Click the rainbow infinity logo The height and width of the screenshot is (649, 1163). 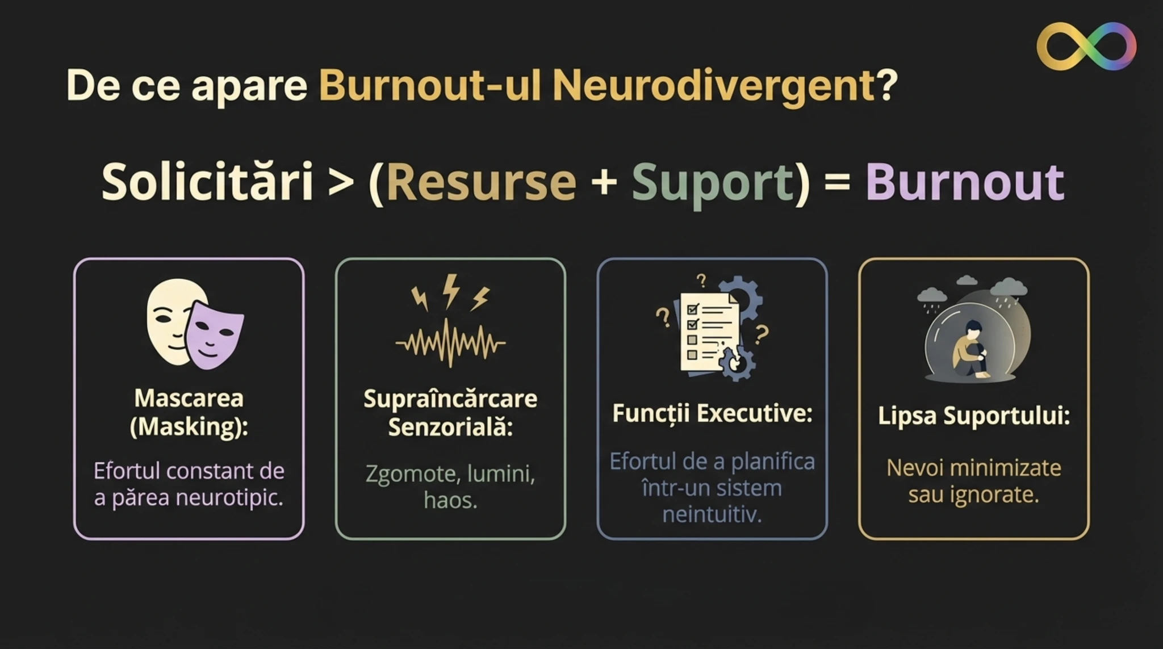coord(1086,46)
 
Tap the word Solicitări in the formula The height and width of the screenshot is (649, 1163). coord(207,182)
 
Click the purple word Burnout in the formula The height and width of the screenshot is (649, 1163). coord(965,182)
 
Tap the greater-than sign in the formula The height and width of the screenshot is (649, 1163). coord(341,183)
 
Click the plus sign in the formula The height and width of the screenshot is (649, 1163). coord(604,183)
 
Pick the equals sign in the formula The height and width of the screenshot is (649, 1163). coord(837,183)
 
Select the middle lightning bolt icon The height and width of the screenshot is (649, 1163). coord(451,291)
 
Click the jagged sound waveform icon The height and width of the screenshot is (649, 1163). coord(450,343)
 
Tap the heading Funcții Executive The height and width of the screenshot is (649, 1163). coord(712,413)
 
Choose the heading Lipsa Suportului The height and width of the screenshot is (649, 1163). coord(974,416)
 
